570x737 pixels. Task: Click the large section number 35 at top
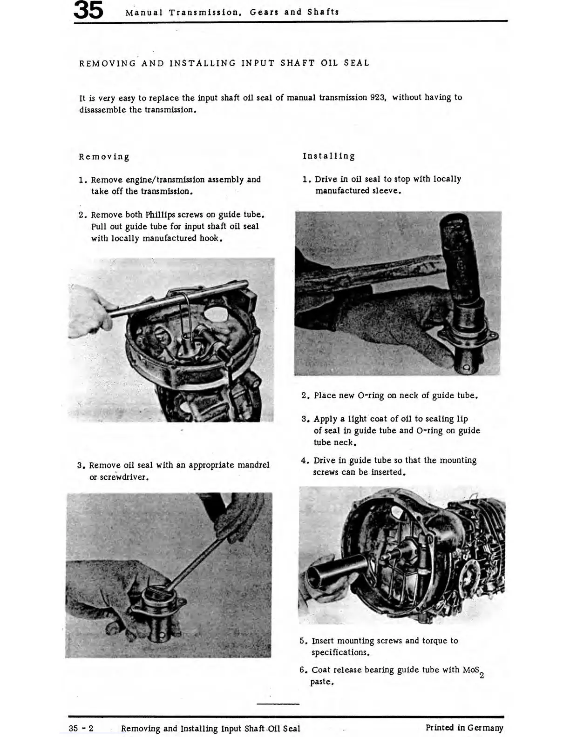click(88, 11)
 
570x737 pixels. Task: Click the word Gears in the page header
click(264, 12)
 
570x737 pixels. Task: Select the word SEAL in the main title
click(356, 63)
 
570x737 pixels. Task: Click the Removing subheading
click(104, 157)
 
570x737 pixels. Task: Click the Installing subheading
click(329, 156)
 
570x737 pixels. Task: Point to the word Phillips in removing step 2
click(160, 215)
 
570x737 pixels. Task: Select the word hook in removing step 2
click(209, 238)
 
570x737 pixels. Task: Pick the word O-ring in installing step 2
click(370, 395)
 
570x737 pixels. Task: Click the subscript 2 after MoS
click(482, 676)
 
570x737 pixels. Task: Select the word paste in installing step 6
click(321, 682)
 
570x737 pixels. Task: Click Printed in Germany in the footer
click(464, 728)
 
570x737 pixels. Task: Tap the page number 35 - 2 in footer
click(81, 729)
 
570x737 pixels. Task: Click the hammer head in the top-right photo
click(459, 261)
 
